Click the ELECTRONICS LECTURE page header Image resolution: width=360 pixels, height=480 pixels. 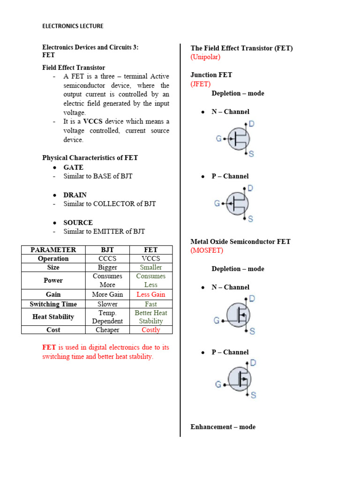coord(73,26)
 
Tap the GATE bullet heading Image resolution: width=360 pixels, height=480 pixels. coord(73,167)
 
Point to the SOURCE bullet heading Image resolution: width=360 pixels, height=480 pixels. coord(78,223)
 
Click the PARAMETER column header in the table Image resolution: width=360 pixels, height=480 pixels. coord(53,250)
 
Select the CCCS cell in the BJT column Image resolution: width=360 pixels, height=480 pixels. coord(107,259)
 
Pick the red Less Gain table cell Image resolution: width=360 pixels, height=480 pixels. coord(150,294)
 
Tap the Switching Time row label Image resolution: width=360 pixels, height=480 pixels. coord(53,304)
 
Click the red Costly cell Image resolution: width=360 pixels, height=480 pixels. coord(150,330)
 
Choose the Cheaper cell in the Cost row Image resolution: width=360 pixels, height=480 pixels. coord(107,330)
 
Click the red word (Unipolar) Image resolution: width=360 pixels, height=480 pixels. coord(205,57)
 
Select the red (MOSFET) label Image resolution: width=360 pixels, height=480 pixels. coord(207,251)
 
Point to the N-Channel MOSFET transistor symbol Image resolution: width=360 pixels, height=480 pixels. coord(239,315)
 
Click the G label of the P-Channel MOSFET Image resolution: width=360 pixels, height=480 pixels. coord(218,384)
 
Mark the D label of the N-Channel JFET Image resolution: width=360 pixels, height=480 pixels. coord(252,124)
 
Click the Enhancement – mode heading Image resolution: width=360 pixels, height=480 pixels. coord(223,427)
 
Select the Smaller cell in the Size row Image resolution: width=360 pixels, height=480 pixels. coord(150,268)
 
